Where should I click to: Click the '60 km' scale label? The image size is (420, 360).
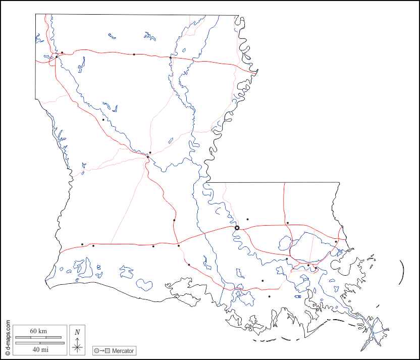[x=38, y=331]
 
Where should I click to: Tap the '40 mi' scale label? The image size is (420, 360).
[x=38, y=349]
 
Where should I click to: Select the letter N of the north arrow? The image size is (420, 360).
[x=77, y=332]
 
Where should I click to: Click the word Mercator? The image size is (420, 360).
[x=123, y=350]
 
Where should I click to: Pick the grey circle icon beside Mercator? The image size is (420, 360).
[x=96, y=350]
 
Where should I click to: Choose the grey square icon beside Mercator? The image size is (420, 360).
[x=108, y=350]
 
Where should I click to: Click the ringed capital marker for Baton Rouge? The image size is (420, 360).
[x=237, y=228]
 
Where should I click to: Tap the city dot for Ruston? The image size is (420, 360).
[x=134, y=54]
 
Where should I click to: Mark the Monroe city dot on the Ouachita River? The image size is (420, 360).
[x=171, y=58]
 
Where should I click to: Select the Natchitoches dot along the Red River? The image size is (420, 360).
[x=103, y=120]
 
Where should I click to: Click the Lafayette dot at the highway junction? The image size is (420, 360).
[x=178, y=246]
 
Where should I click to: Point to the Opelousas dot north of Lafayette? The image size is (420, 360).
[x=174, y=220]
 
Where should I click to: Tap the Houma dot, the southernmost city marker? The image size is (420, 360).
[x=270, y=296]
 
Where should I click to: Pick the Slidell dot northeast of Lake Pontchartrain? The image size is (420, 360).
[x=336, y=241]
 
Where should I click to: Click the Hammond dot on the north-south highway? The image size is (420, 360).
[x=287, y=223]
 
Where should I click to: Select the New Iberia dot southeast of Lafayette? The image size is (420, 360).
[x=189, y=265]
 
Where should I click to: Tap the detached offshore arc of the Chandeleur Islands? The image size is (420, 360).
[x=402, y=272]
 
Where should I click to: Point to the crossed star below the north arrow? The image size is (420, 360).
[x=77, y=346]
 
